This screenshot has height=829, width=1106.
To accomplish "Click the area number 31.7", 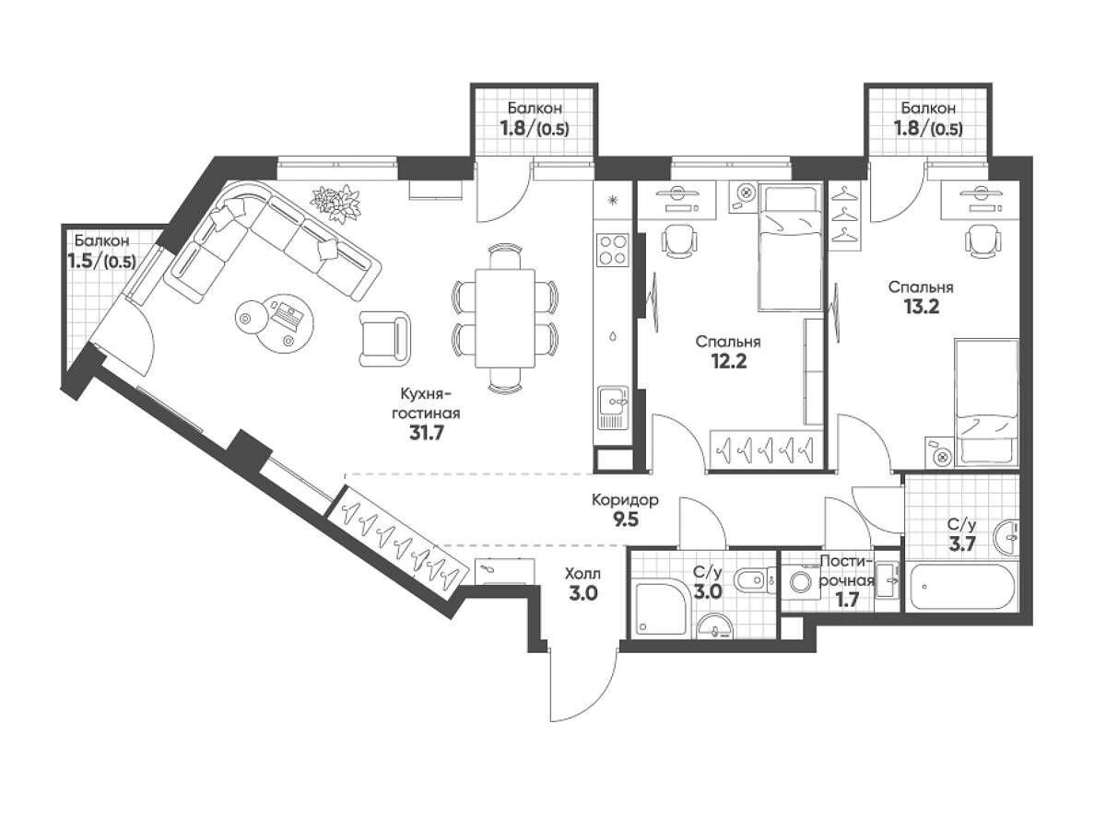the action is click(426, 433).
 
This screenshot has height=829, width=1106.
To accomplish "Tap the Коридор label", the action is click(625, 500).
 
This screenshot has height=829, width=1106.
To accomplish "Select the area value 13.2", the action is click(921, 307).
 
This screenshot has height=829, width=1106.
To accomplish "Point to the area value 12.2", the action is click(728, 361).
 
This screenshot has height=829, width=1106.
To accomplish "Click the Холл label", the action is click(583, 573).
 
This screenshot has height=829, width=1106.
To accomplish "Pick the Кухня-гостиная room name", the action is click(429, 403).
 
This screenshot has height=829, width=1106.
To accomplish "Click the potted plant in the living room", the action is click(336, 203).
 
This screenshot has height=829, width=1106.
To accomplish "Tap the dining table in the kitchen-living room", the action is click(505, 318).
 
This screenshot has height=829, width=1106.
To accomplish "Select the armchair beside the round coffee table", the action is click(384, 338).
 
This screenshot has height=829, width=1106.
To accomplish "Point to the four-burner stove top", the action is click(612, 250).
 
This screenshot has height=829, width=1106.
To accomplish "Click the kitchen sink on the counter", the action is click(613, 407).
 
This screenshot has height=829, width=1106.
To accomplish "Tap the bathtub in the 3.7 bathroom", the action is click(962, 588).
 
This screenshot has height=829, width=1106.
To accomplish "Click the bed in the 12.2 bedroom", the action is click(790, 247).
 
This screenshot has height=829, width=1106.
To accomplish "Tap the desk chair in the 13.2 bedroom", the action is click(981, 240).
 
